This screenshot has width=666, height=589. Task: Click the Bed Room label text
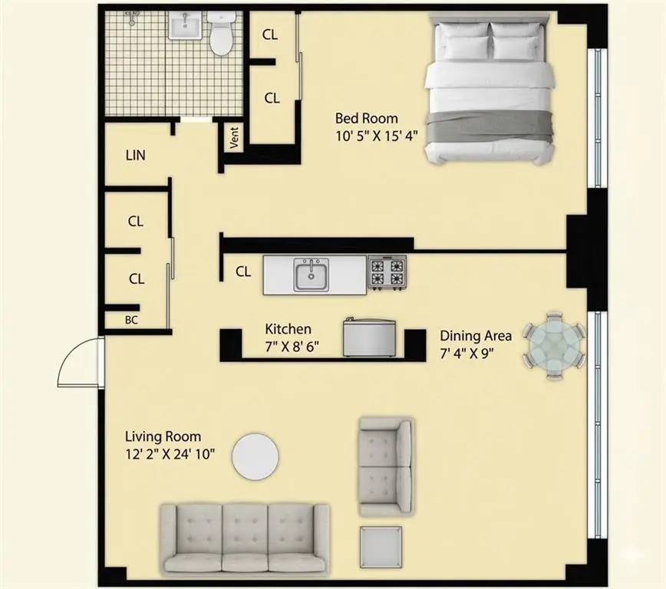pyautogui.click(x=367, y=119)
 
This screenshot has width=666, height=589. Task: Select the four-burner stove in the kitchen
pyautogui.click(x=387, y=272)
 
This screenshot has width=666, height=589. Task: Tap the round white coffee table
pyautogui.click(x=256, y=456)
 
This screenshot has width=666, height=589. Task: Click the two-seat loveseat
pyautogui.click(x=385, y=466)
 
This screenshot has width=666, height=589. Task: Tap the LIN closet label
pyautogui.click(x=136, y=156)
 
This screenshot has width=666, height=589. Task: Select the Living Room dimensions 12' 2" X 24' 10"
pyautogui.click(x=170, y=453)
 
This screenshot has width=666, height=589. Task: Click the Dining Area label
pyautogui.click(x=476, y=336)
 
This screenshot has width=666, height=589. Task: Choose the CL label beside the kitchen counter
pyautogui.click(x=243, y=271)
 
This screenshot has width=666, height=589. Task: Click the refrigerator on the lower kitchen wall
pyautogui.click(x=369, y=337)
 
